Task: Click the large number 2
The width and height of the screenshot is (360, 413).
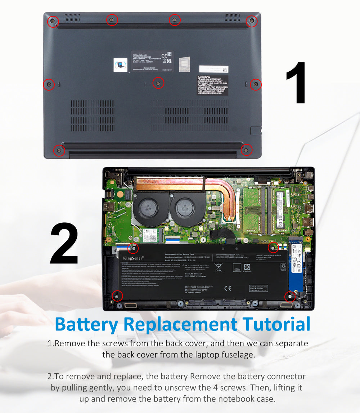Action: [x=64, y=244]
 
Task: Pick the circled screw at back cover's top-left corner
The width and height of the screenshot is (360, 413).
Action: [x=53, y=22]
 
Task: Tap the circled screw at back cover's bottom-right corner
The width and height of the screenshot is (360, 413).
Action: [x=246, y=150]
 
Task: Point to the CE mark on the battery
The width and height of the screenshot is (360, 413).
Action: [x=228, y=288]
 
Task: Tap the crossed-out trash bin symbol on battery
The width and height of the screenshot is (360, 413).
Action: [x=218, y=267]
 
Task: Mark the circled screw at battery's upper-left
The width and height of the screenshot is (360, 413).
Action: [x=133, y=248]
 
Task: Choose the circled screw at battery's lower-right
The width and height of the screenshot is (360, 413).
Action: [x=289, y=297]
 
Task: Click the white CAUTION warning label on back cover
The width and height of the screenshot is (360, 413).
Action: [x=212, y=85]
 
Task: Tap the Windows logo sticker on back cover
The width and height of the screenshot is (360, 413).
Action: [x=184, y=64]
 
